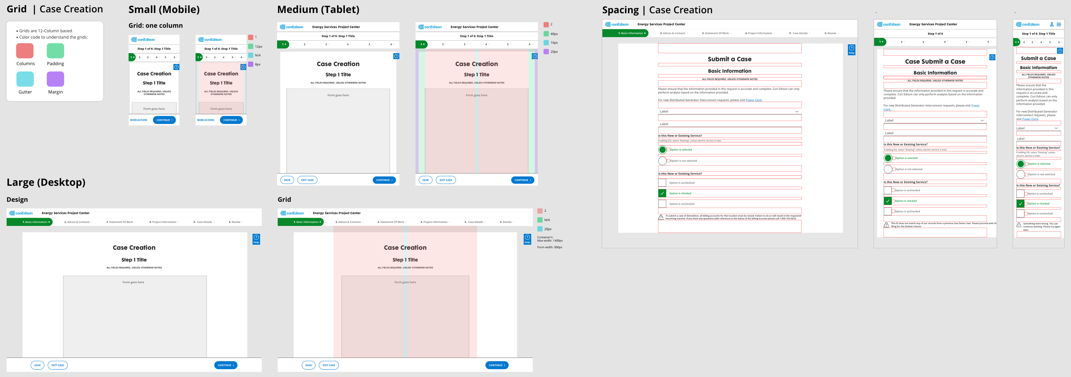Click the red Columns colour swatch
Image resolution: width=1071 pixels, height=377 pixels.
point(25,51)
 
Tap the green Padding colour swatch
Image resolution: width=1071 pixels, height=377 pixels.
point(55,51)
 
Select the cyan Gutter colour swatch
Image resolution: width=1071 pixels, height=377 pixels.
point(25,79)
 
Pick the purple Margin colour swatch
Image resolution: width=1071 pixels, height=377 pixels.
point(55,79)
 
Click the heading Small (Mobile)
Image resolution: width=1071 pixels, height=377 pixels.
point(164,10)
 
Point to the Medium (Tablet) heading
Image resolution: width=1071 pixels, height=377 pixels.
point(318,10)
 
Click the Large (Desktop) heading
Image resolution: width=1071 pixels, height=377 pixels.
point(46,182)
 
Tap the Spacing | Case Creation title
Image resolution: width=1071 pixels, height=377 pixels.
point(657,10)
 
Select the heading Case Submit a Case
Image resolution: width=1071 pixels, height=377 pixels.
point(935,62)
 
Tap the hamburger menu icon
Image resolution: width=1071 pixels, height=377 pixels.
point(1059,24)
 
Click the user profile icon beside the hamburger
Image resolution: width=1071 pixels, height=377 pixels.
point(1051,24)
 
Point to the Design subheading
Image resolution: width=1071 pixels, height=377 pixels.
point(17,200)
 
